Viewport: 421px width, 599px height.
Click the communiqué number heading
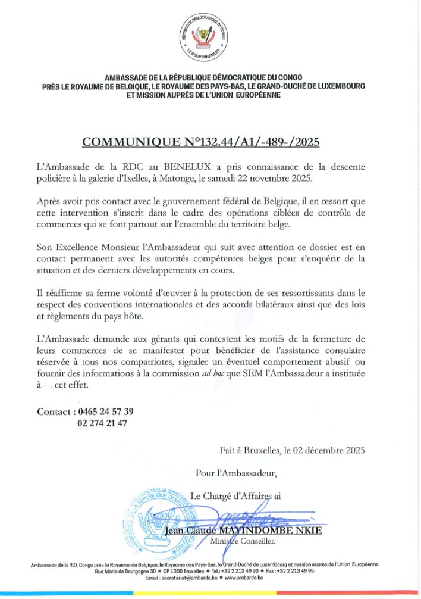pyautogui.click(x=201, y=142)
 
